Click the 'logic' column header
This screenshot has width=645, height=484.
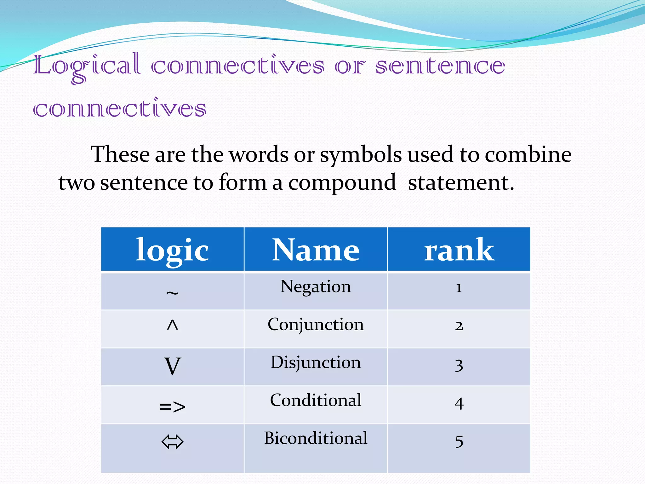[x=172, y=250]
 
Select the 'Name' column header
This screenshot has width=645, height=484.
[x=316, y=250]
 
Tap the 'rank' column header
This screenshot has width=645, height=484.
[x=459, y=250]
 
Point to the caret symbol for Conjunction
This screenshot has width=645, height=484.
[x=172, y=325]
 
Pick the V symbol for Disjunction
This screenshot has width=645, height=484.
[x=172, y=366]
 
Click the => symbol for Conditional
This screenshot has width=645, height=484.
[x=172, y=406]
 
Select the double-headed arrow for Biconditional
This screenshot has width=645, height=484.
[x=172, y=441]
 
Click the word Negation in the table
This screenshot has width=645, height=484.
[x=316, y=287]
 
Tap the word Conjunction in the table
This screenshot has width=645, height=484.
[x=316, y=325]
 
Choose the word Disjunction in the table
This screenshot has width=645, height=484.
[x=316, y=362]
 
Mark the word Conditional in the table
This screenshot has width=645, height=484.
[x=316, y=400]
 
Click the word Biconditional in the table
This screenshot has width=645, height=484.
[x=316, y=438]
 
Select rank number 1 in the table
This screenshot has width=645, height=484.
[x=459, y=288]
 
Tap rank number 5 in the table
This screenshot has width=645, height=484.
[x=459, y=441]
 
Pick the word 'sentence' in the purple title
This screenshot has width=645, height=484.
[x=440, y=66]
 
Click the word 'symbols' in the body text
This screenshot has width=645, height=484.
[x=361, y=155]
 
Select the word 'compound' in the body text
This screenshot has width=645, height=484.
[x=342, y=183]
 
